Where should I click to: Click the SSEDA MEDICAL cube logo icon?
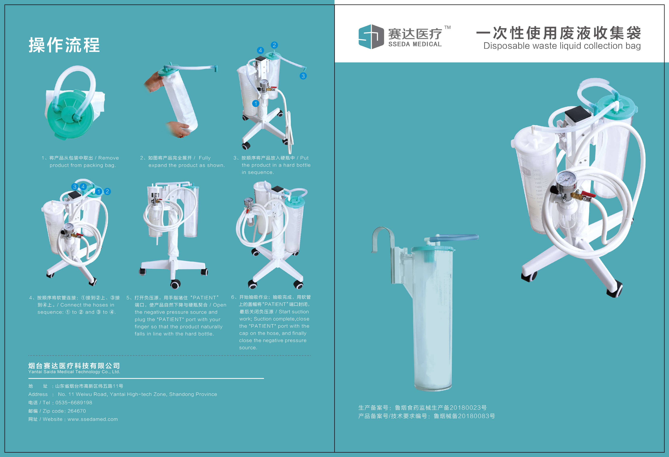coord(371,37)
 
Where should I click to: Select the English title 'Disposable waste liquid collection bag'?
coord(562,46)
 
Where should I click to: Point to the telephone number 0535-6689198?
coord(74,403)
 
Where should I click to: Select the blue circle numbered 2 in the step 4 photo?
coord(107,191)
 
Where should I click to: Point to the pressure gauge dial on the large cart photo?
coord(566,179)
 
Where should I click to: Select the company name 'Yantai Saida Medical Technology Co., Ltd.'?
coord(74,372)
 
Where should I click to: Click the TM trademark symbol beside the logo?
coord(447,27)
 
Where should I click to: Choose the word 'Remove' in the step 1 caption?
coord(109,158)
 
